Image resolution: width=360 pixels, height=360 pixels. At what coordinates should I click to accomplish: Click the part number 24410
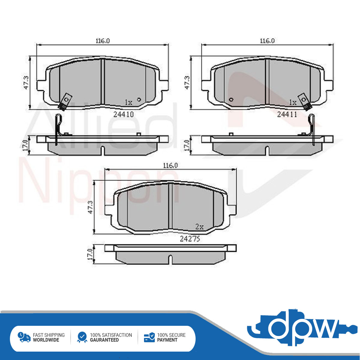[124, 114]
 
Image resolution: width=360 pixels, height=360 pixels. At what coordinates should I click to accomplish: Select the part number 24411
[287, 114]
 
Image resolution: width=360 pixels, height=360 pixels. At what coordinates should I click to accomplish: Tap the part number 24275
[190, 239]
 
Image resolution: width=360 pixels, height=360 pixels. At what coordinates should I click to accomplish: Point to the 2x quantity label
[199, 227]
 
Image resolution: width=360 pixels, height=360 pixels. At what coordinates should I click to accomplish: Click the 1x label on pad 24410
[128, 102]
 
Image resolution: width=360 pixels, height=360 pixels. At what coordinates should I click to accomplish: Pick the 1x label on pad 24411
[293, 102]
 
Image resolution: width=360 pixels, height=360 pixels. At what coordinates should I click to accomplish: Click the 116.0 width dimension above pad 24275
[171, 166]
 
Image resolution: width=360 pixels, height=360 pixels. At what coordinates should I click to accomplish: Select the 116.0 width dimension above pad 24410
[103, 41]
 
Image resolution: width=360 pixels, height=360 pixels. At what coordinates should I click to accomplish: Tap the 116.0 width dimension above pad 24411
[267, 41]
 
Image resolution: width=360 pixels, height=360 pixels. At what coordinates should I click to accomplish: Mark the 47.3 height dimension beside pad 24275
[91, 207]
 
